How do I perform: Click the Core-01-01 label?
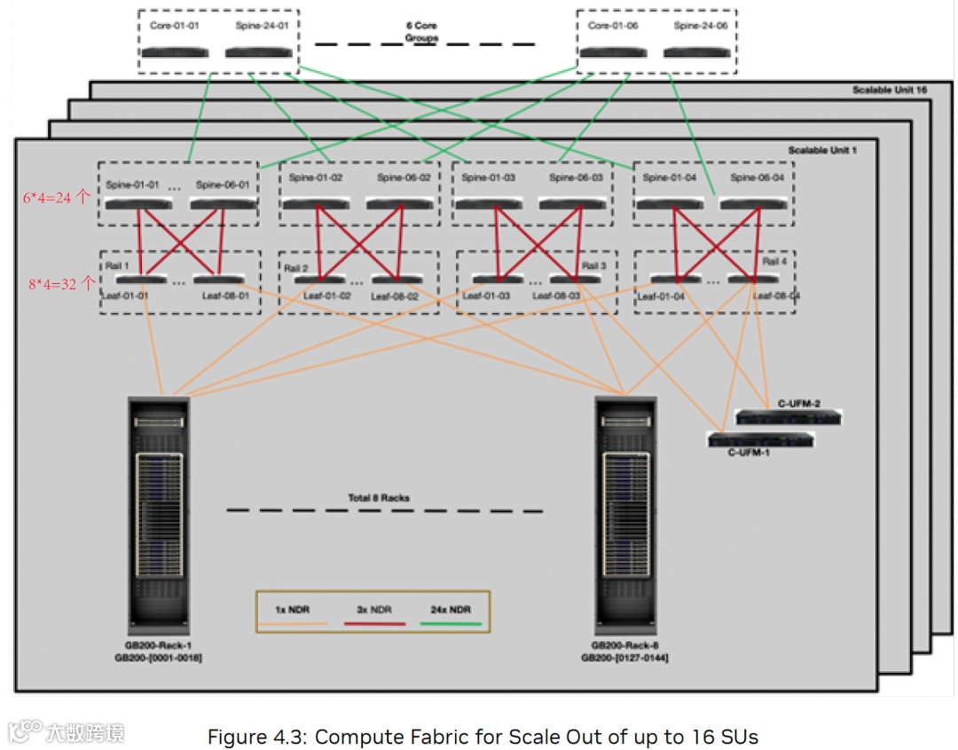click(175, 26)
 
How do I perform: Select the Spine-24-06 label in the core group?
click(700, 26)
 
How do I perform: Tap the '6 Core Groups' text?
click(422, 32)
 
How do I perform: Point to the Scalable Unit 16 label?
click(888, 91)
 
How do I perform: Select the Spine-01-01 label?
click(132, 185)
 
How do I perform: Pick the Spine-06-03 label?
click(576, 178)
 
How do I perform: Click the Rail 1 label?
click(115, 265)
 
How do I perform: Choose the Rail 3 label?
click(594, 265)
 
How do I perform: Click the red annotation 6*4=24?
click(56, 198)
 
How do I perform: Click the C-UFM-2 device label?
click(798, 404)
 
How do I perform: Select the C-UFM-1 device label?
click(749, 453)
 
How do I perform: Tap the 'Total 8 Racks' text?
click(379, 498)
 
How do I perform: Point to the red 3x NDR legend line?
click(373, 624)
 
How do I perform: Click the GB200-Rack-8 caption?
click(624, 647)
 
